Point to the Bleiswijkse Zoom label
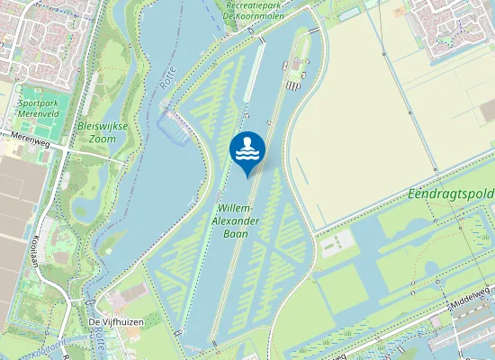pyautogui.click(x=103, y=133)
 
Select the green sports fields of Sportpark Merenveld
pyautogui.click(x=34, y=96)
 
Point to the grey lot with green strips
pyautogui.click(x=337, y=240)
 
